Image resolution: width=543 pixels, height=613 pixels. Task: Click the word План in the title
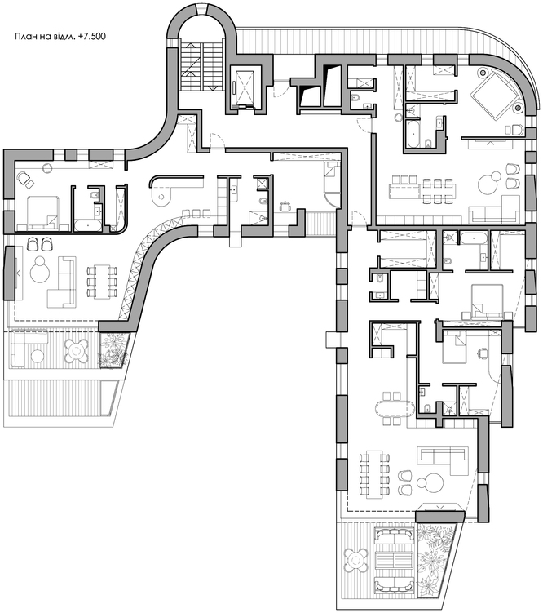pos(24,37)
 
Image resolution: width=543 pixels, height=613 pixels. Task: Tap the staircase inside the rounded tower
pos(201,64)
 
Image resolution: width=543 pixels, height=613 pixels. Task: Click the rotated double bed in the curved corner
pos(495,95)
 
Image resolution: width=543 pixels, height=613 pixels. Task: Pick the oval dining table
pos(395,409)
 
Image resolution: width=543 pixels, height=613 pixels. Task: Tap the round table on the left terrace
pos(77,349)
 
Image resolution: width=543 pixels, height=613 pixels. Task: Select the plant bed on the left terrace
pos(114,349)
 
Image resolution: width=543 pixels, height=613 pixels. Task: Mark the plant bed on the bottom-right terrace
pos(435,563)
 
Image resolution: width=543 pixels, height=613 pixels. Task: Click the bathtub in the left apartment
pos(88,225)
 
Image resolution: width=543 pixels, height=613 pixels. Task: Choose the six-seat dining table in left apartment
pos(102,282)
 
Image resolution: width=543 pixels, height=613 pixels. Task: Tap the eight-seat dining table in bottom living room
pos(375,474)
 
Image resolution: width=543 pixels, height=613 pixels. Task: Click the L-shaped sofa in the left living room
pos(62,282)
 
